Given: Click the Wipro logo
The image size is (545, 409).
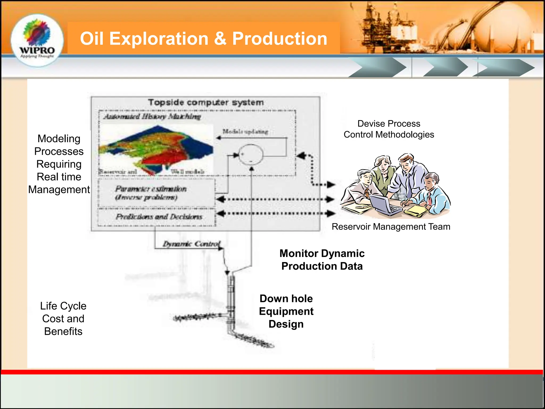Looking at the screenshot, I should coord(37,40).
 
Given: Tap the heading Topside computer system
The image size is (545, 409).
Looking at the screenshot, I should coord(206,102).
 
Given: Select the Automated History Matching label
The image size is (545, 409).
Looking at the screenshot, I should coord(152,116).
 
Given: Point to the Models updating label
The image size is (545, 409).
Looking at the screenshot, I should coord(245,131).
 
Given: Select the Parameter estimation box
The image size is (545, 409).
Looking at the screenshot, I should coord(156,193).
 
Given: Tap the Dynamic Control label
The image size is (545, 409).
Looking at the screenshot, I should coord(192,244).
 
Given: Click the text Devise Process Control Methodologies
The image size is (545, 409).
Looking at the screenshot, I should coord(389,129).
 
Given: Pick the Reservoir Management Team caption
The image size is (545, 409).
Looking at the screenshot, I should coord(391,227).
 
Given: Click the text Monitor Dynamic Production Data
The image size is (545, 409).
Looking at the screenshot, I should coord(322,260).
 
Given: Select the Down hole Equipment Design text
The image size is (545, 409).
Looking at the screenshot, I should coord(286,311).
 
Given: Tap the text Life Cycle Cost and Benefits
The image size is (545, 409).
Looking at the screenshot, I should coord(63,318).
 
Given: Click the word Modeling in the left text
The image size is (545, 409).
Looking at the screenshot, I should coord(59,139).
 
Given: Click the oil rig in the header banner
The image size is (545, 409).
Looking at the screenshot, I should coord(386,27).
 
